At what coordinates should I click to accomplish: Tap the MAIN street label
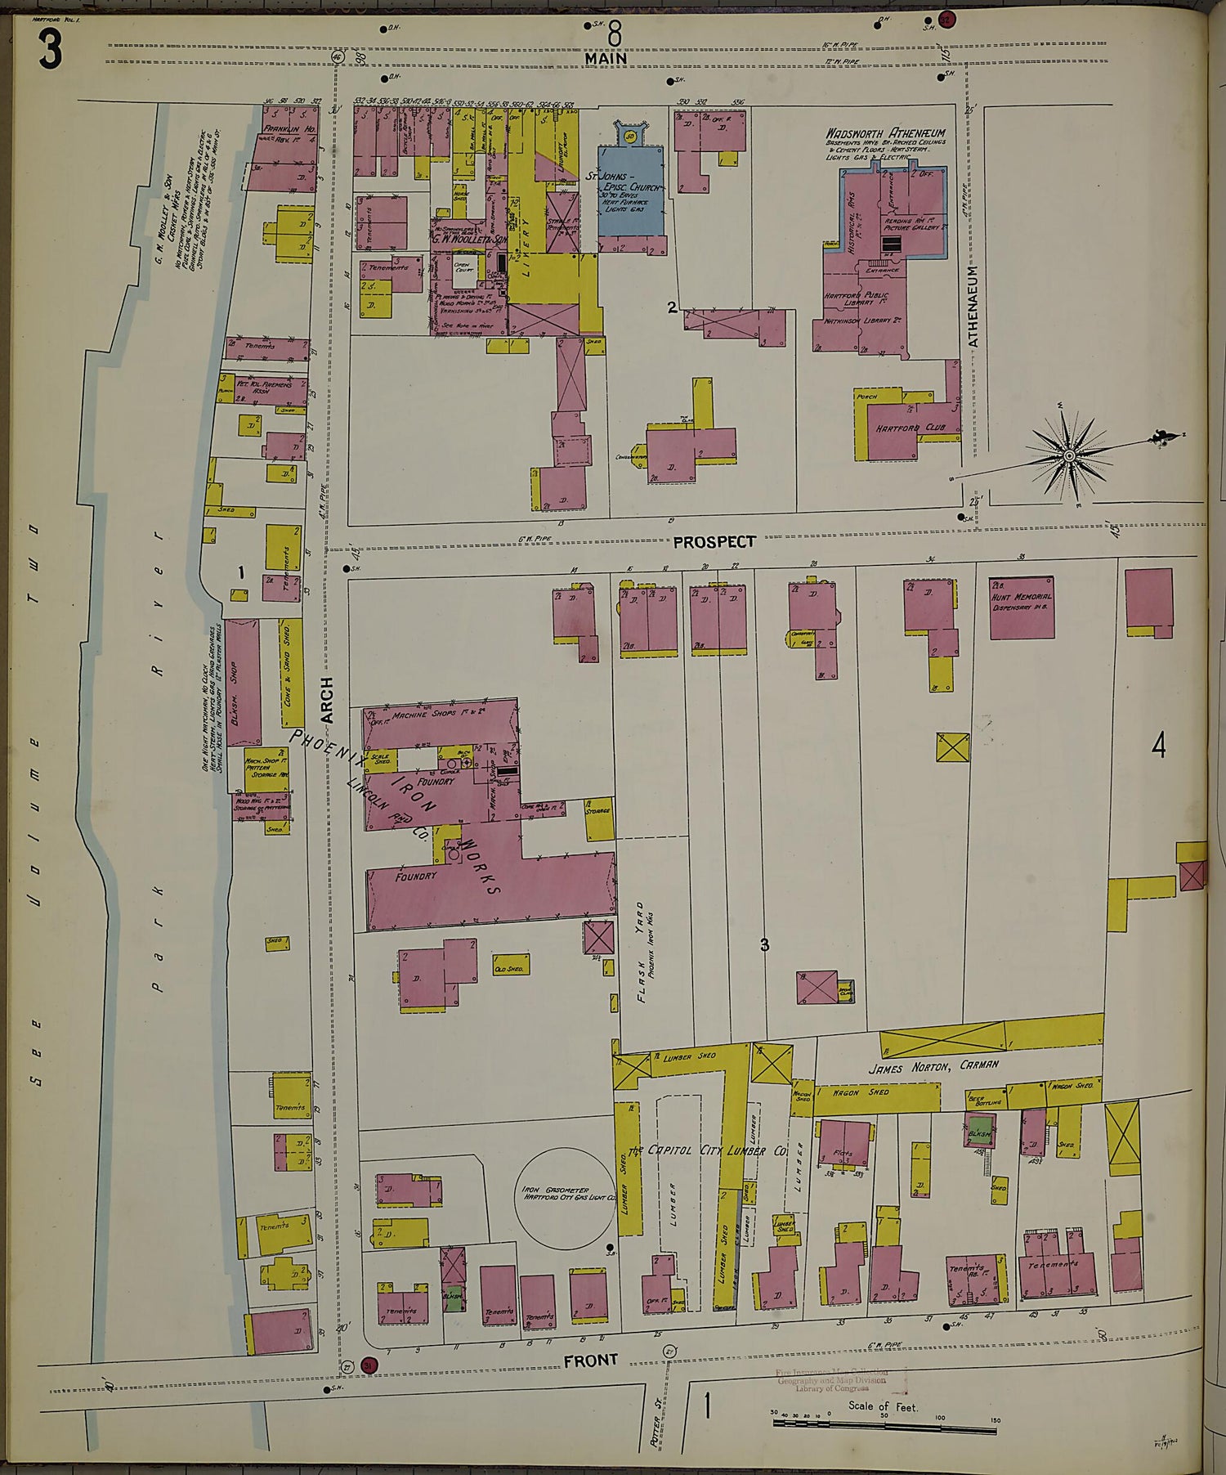pos(606,59)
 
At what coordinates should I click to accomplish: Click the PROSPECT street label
pos(714,541)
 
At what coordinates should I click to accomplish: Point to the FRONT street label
pos(591,1360)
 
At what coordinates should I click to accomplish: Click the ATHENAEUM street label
pos(973,307)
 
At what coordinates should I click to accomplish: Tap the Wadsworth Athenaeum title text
pos(885,132)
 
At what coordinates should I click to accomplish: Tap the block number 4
pos(1157,746)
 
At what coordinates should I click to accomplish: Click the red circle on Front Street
pos(368,1365)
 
